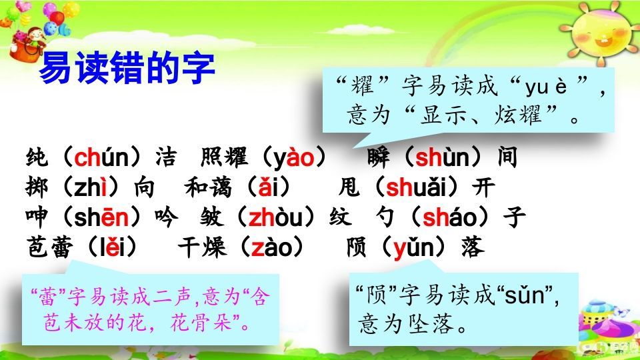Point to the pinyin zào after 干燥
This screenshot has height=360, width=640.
(x=272, y=247)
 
